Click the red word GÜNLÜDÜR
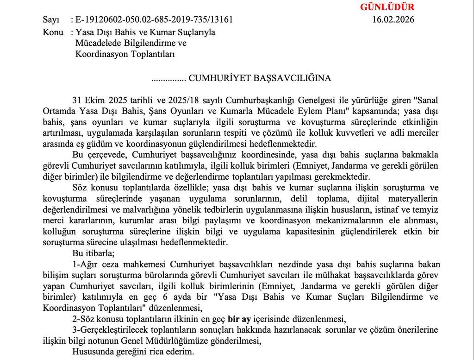(x=387, y=7)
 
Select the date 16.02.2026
(x=393, y=20)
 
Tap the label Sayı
(x=51, y=20)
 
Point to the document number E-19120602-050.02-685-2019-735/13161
(x=154, y=20)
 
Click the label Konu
(x=53, y=32)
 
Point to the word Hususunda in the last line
(x=91, y=352)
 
